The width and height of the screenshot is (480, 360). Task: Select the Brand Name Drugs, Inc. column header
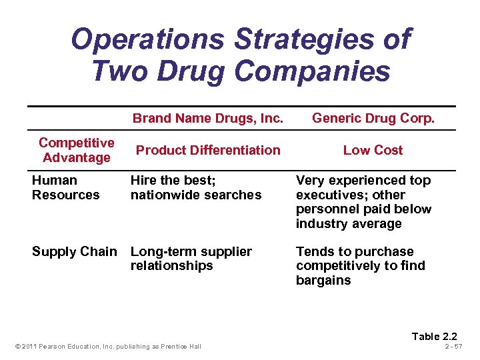click(x=208, y=119)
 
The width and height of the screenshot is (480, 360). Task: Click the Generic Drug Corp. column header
click(x=373, y=119)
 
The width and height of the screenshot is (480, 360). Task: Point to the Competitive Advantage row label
click(x=76, y=150)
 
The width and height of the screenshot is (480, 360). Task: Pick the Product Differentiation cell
click(x=208, y=150)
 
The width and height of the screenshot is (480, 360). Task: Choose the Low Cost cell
click(x=373, y=150)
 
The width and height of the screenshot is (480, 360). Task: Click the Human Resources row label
click(x=65, y=187)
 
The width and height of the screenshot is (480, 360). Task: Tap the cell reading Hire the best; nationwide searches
click(x=196, y=187)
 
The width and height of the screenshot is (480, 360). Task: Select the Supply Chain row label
click(x=74, y=251)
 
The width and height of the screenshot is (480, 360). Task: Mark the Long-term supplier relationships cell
click(x=191, y=259)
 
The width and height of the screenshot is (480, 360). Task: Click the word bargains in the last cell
click(x=323, y=280)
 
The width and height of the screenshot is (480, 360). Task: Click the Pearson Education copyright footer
click(x=107, y=346)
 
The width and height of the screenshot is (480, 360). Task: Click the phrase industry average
click(x=349, y=223)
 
